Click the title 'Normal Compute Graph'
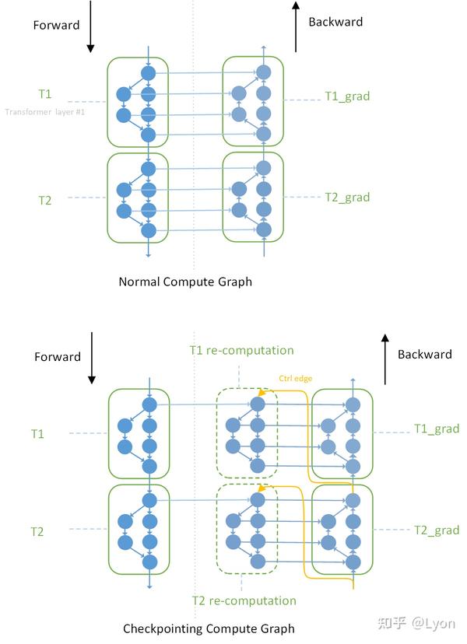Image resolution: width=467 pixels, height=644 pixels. pos(185,282)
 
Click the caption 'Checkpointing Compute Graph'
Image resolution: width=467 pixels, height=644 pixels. pos(209,628)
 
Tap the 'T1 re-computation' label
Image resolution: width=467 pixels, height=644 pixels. pos(241,350)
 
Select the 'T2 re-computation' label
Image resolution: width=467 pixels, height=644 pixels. pos(244,600)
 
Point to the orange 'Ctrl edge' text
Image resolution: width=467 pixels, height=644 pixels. pos(296,379)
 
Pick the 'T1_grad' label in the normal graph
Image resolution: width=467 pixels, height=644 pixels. pos(346,96)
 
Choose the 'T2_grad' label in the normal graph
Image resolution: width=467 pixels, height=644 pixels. pos(346,197)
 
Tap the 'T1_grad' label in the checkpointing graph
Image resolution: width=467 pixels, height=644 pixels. pos(436,429)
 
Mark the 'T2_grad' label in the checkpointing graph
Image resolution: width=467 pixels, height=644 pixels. pos(436,530)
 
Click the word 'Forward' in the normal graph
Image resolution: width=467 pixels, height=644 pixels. pos(56,25)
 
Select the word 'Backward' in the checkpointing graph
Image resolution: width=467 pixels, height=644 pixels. pos(424,354)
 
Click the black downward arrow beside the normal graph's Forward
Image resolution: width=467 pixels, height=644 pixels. pos(90,27)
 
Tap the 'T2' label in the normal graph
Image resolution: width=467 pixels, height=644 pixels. pos(45,200)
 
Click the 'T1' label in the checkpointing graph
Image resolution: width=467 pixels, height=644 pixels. pos(37,433)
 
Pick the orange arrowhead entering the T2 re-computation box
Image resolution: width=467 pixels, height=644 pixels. pos(262,488)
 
